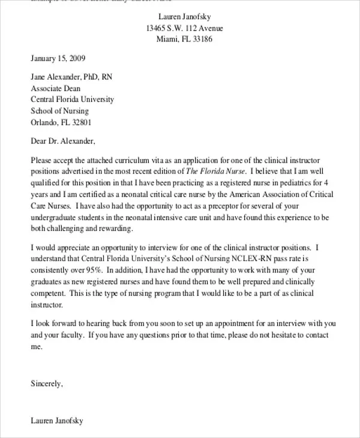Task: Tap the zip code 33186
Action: (x=200, y=40)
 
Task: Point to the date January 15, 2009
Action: (x=58, y=59)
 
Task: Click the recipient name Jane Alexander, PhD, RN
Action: (x=71, y=77)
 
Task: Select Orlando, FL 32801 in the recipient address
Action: (x=61, y=122)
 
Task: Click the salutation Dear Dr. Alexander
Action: (x=62, y=142)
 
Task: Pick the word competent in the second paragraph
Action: (x=48, y=293)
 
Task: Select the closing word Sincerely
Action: (x=46, y=383)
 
